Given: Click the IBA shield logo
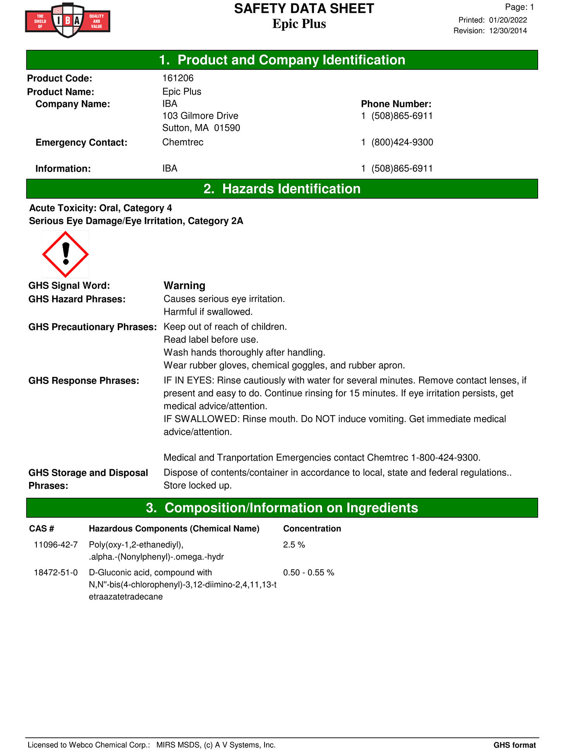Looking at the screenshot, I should [x=68, y=20].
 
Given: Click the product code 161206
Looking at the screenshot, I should [x=178, y=78].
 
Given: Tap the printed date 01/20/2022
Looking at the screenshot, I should [x=508, y=20].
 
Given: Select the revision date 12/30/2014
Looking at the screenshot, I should [x=508, y=31].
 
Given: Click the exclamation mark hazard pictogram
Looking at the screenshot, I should [x=65, y=254].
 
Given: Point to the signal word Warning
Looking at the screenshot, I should [x=184, y=286].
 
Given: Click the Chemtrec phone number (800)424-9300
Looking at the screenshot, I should [x=402, y=142].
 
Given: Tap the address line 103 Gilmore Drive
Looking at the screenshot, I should [x=200, y=116].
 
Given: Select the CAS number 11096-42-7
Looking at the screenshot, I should [x=56, y=545].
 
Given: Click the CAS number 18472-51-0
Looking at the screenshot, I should [x=56, y=573].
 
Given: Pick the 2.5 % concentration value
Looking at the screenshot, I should [x=294, y=545].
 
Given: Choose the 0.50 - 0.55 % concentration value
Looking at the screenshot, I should [x=308, y=573].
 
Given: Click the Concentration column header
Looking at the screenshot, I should [x=312, y=528].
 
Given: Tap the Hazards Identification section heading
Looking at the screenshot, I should [x=282, y=189].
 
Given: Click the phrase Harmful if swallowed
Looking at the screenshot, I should [x=208, y=312].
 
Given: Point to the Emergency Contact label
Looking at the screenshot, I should [x=81, y=143].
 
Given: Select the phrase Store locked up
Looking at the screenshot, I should [x=198, y=485].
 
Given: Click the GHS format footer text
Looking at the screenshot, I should [x=514, y=745].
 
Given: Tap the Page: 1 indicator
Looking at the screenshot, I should [x=519, y=7].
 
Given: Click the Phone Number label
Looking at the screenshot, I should [x=396, y=104].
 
